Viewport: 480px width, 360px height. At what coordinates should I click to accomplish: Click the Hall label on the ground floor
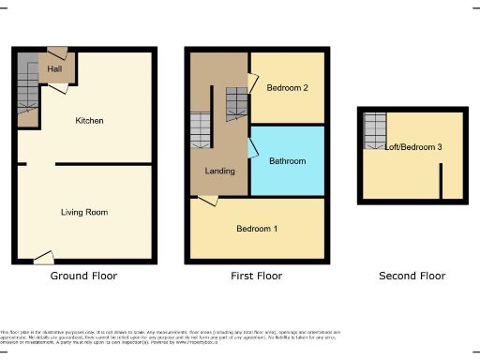click(x=54, y=67)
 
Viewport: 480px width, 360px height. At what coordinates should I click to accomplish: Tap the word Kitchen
click(x=89, y=121)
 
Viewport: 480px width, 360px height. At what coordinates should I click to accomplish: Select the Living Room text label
click(x=84, y=213)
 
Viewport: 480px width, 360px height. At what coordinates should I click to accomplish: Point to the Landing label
click(x=219, y=171)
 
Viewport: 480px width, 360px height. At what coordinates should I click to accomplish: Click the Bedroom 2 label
click(x=288, y=88)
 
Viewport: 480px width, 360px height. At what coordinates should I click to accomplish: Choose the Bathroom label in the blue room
click(x=287, y=161)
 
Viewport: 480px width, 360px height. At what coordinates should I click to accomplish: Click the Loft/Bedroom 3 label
click(x=414, y=147)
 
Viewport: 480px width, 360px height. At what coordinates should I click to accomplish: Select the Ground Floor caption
click(x=84, y=276)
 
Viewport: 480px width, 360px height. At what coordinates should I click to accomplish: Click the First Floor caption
click(x=256, y=276)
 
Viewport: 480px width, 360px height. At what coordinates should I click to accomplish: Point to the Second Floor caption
click(x=412, y=276)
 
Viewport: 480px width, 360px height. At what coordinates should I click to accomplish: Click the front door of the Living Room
click(x=42, y=255)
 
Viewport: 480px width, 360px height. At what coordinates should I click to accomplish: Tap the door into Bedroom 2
click(x=252, y=84)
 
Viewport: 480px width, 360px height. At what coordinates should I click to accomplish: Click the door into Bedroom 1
click(x=208, y=200)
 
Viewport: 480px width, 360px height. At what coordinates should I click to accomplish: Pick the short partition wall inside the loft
click(x=441, y=181)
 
